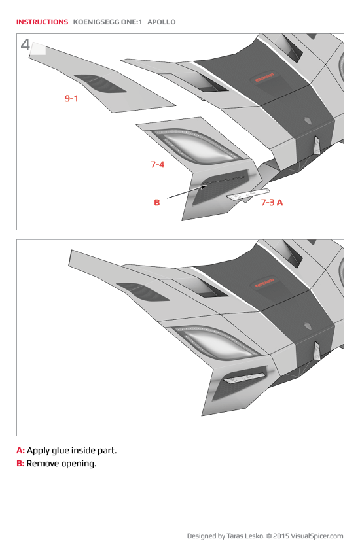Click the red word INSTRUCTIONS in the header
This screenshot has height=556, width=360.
pyautogui.click(x=42, y=22)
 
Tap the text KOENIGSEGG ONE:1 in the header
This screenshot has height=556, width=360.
pyautogui.click(x=108, y=22)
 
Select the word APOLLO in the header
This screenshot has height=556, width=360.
pyautogui.click(x=162, y=22)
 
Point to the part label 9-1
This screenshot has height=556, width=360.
pyautogui.click(x=71, y=98)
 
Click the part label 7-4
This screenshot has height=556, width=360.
pyautogui.click(x=157, y=164)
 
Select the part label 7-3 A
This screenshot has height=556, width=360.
pyautogui.click(x=272, y=202)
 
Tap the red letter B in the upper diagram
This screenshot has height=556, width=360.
pyautogui.click(x=156, y=203)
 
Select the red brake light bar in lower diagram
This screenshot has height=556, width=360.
pyautogui.click(x=264, y=285)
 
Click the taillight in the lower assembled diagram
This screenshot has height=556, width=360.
pyautogui.click(x=209, y=343)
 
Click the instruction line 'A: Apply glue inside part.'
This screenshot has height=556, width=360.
pyautogui.click(x=66, y=450)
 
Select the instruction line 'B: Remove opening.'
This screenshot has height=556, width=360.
pyautogui.click(x=56, y=464)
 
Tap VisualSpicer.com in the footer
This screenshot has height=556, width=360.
pyautogui.click(x=317, y=536)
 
